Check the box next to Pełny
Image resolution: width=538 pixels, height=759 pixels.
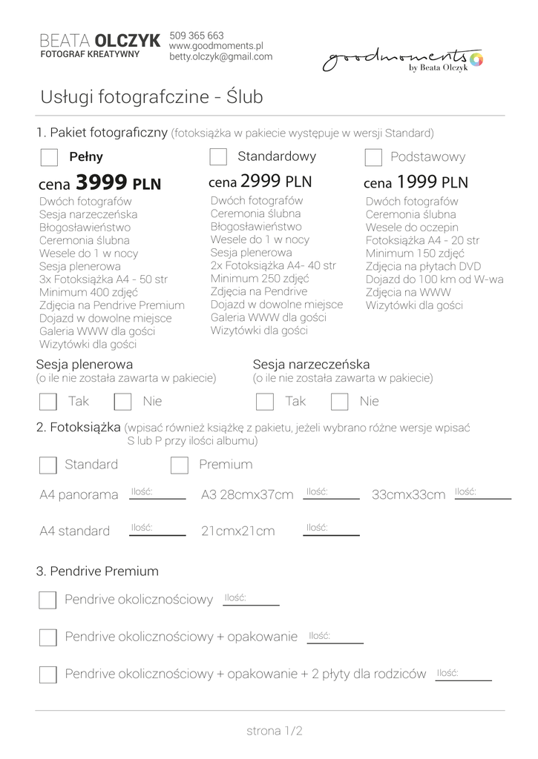(x=49, y=157)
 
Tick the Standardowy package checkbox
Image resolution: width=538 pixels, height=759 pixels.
(x=218, y=156)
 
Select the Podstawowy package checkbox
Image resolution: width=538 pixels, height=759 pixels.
(x=374, y=157)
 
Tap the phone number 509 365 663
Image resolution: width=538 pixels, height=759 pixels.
(x=197, y=36)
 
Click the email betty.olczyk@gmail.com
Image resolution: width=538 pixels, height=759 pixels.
(x=220, y=56)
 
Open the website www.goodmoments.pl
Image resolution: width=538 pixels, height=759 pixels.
(x=217, y=46)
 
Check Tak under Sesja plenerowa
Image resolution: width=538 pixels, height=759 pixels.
(x=48, y=402)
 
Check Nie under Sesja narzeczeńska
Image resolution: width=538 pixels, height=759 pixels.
(x=340, y=402)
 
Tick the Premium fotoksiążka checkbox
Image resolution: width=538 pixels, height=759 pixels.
(x=179, y=465)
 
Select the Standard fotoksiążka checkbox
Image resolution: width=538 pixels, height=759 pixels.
(x=48, y=465)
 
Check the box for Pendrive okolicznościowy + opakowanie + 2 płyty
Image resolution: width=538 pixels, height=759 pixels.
(x=48, y=675)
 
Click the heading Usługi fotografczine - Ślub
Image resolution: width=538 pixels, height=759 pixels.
(x=151, y=98)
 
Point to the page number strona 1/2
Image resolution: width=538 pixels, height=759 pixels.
(x=275, y=731)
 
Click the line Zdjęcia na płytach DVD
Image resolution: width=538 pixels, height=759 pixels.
(x=423, y=266)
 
